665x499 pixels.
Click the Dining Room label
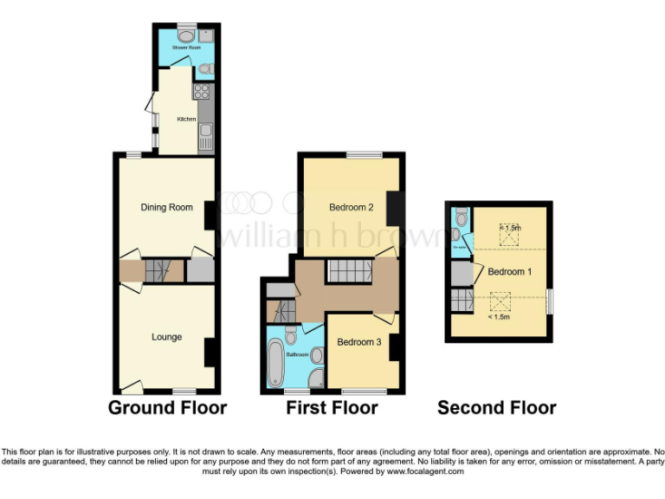click(167, 207)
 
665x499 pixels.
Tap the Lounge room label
click(166, 336)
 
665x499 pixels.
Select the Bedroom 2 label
click(352, 208)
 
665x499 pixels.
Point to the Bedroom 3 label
click(359, 342)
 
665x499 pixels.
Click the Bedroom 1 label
click(509, 272)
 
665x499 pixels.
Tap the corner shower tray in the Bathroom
click(314, 379)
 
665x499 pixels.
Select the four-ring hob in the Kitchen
click(203, 92)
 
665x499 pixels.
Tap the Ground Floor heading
click(167, 408)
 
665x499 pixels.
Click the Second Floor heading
click(496, 408)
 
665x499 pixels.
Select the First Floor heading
click(332, 408)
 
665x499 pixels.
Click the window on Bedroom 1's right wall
click(548, 301)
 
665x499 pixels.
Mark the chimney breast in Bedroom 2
click(392, 208)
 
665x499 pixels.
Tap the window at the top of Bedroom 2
click(358, 155)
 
